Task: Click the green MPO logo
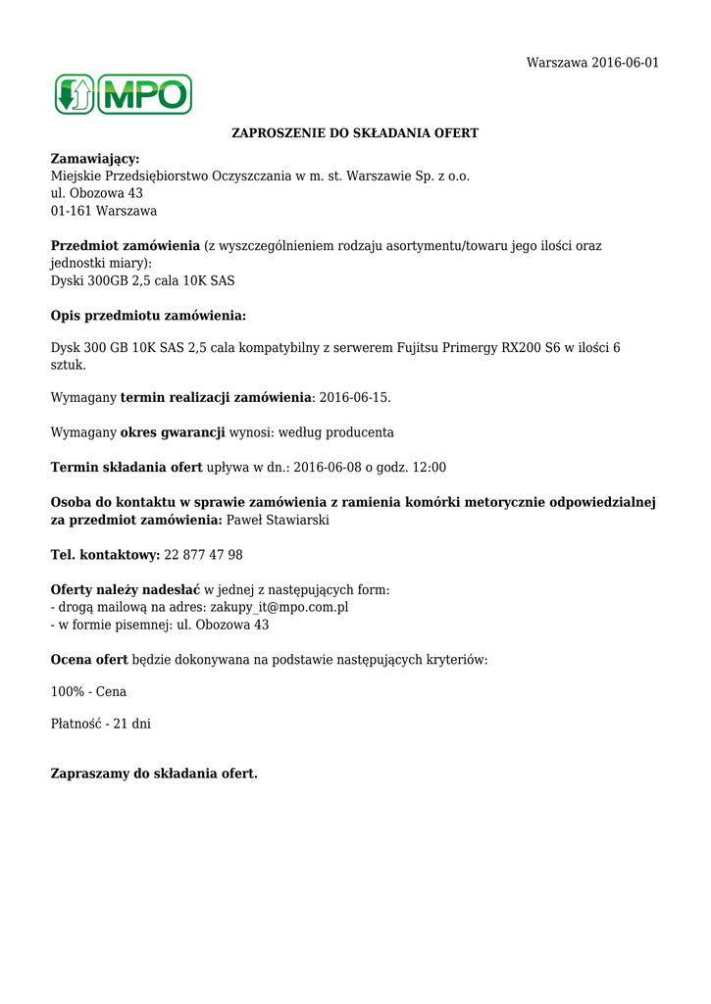[123, 94]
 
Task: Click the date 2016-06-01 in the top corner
[625, 63]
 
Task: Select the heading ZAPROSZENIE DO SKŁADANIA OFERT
[354, 132]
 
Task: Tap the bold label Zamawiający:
[95, 159]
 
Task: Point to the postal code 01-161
[70, 211]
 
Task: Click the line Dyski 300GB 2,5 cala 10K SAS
[142, 280]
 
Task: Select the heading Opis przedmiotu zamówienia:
[148, 316]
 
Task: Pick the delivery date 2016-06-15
[354, 398]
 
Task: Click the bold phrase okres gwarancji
[173, 432]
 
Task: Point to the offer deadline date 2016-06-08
[329, 467]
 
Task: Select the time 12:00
[429, 467]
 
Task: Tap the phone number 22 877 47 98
[204, 555]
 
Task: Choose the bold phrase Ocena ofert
[89, 660]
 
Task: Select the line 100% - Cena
[88, 692]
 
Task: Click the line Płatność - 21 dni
[100, 725]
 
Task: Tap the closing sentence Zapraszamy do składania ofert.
[154, 774]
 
